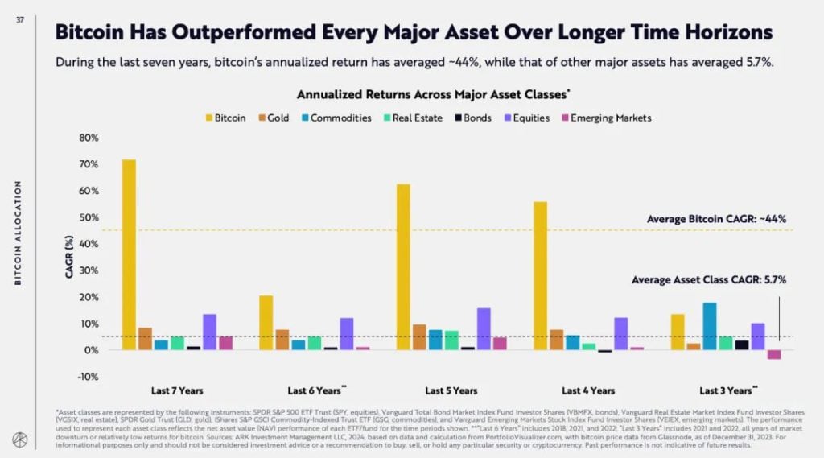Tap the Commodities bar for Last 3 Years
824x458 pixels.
(x=710, y=326)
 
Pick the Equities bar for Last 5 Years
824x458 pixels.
(x=484, y=328)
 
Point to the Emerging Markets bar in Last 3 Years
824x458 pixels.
(x=774, y=354)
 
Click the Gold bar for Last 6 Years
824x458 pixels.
(x=282, y=339)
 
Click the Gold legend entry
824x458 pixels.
(x=274, y=118)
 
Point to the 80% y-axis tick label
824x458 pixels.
(x=89, y=138)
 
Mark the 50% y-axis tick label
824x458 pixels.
(x=89, y=217)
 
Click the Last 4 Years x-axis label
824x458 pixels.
(x=588, y=390)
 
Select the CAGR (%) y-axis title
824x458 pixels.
(x=69, y=257)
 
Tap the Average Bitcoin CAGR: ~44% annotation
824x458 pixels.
(x=716, y=218)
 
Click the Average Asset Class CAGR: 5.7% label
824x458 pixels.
(x=709, y=280)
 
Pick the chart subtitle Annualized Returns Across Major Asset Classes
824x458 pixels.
(x=434, y=94)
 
